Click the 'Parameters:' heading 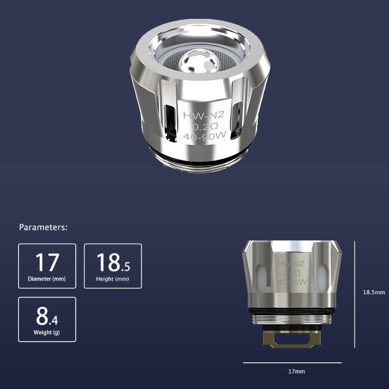pos(43,227)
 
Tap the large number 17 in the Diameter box pos(47,262)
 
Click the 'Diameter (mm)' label pos(47,279)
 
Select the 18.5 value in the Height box pos(113,262)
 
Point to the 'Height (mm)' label pos(112,279)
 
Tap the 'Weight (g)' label pos(47,333)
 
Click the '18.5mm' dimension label pos(374,292)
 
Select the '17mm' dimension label pos(297,371)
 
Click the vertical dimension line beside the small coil pos(355,294)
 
